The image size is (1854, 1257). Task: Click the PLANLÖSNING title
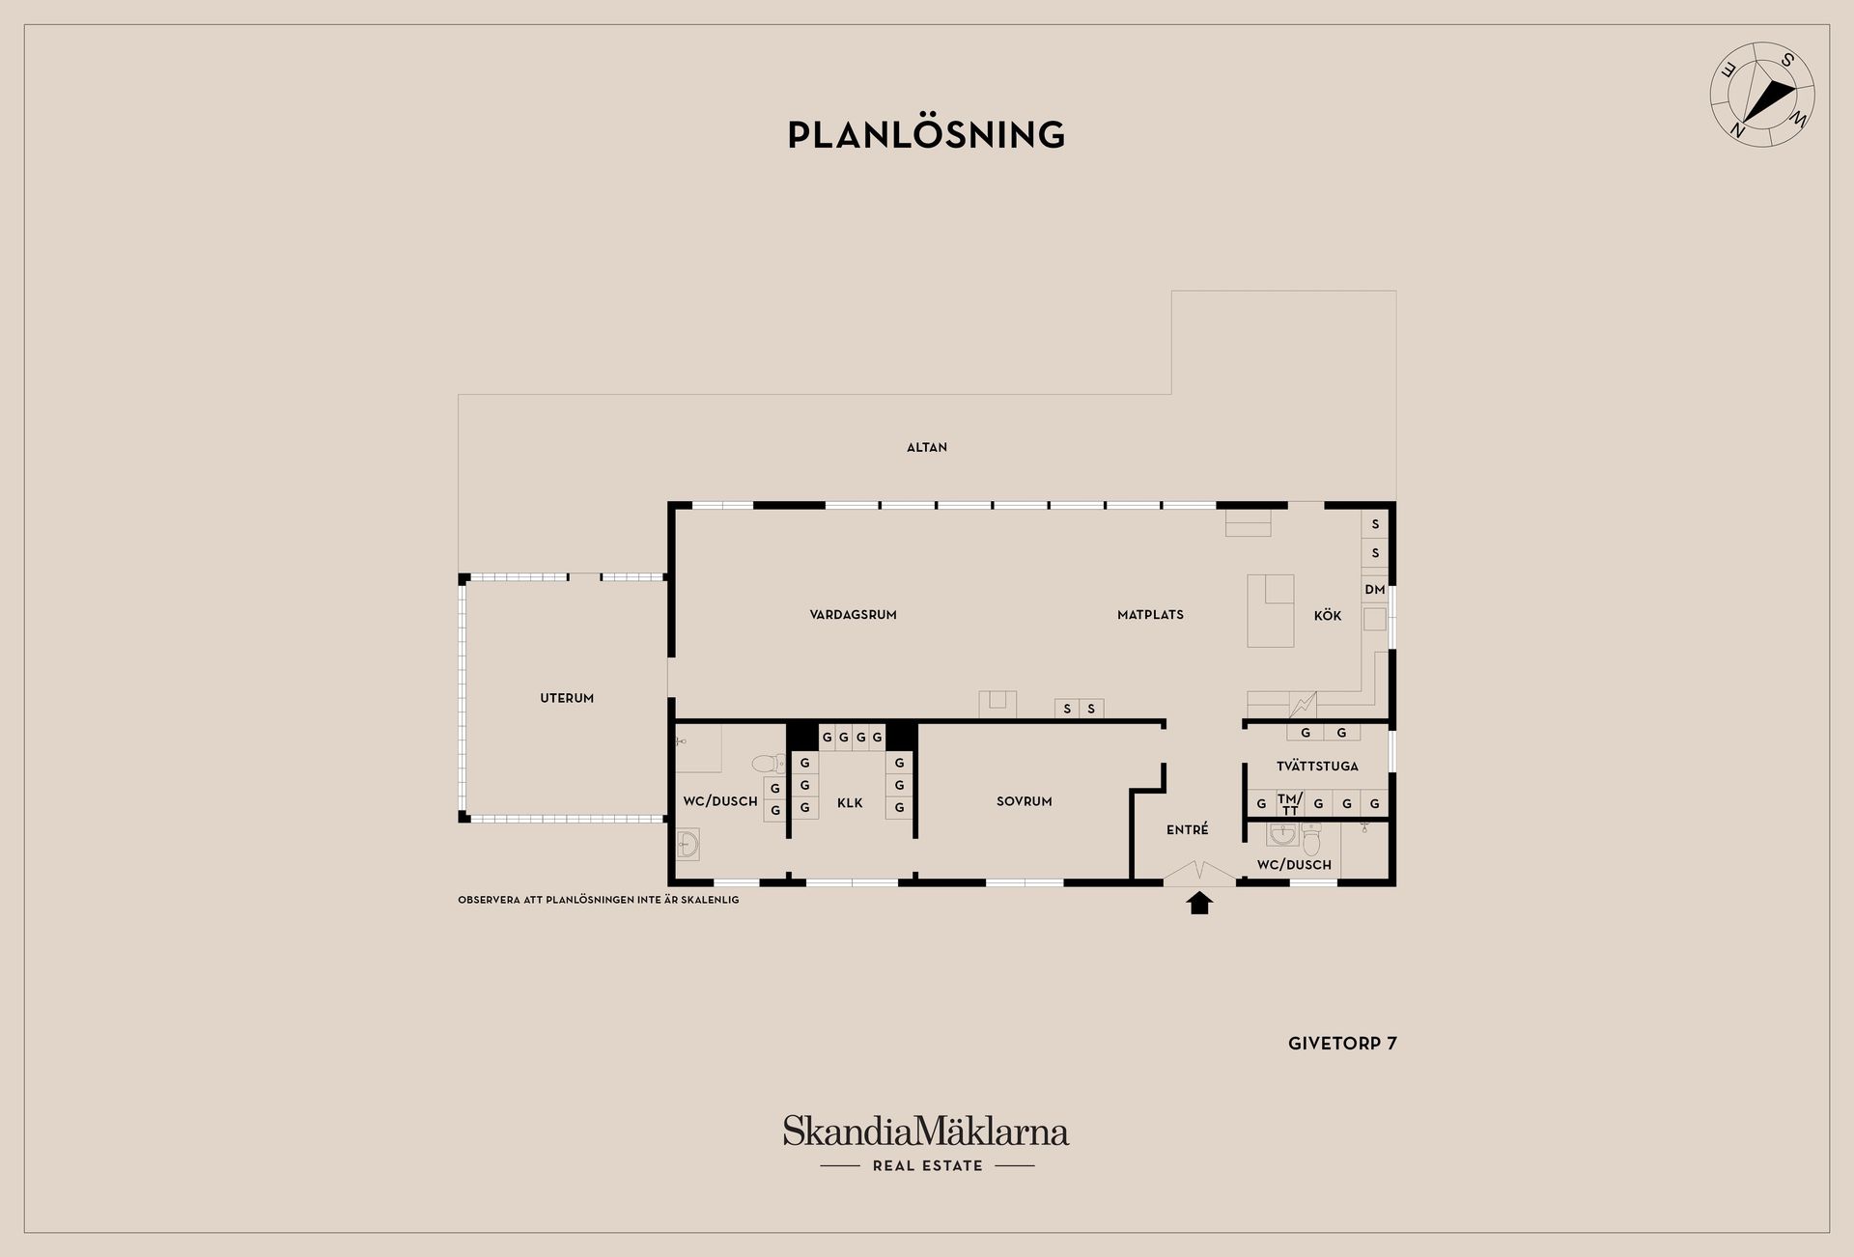tap(926, 134)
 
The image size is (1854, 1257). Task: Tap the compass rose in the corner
tap(1762, 95)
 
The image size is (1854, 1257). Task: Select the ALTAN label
tap(927, 447)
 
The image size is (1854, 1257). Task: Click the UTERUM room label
tap(567, 698)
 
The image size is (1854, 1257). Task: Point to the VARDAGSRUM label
tap(854, 615)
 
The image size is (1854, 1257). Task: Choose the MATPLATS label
tap(1150, 615)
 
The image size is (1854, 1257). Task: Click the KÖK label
tap(1328, 615)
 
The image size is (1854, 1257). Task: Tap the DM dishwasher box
tap(1375, 590)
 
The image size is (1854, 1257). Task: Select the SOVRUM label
tap(1025, 801)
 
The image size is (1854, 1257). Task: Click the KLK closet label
tap(850, 803)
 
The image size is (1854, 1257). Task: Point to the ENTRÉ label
tap(1187, 829)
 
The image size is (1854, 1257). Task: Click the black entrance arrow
tap(1199, 903)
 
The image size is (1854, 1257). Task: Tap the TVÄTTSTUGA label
tap(1317, 767)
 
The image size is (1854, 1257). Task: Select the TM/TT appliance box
tap(1290, 803)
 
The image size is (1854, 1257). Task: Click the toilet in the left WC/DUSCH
tap(770, 765)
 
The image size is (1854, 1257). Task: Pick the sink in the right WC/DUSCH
tap(1282, 834)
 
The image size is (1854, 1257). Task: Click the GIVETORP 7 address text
tap(1342, 1044)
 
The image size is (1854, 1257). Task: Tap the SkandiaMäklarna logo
tap(926, 1143)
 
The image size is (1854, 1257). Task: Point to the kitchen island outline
tap(1271, 611)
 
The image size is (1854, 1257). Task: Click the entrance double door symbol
tap(1199, 873)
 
